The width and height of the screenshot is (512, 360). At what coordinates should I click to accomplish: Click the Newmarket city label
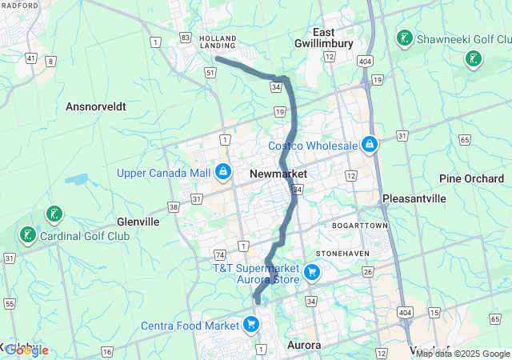278,173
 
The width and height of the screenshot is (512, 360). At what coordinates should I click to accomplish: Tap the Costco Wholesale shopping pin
369,145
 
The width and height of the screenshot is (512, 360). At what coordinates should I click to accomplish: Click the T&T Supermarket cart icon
312,274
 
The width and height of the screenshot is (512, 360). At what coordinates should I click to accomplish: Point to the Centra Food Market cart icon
251,324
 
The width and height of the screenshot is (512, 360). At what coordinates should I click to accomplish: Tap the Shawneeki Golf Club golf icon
405,38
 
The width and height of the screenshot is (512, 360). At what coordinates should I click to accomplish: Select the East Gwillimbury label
329,38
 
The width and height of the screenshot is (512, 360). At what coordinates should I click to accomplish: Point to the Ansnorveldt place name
96,106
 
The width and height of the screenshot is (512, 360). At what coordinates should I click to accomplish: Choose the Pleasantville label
414,197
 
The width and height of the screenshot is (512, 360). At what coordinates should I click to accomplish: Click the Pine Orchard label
471,178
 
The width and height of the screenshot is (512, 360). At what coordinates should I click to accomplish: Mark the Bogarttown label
360,226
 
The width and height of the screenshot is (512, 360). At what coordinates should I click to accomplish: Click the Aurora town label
304,345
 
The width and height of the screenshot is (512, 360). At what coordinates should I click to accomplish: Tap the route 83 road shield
186,37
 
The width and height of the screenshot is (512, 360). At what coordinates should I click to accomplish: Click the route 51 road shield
210,72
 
